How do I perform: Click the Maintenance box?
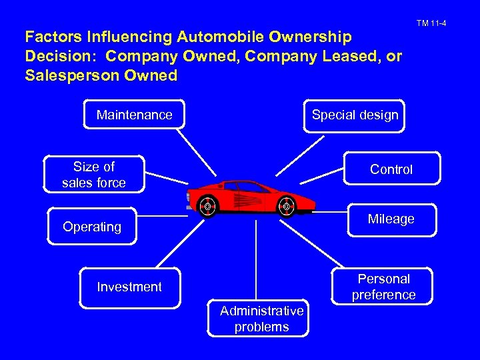coord(134,115)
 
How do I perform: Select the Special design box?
coord(355,115)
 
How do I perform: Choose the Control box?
coord(391,169)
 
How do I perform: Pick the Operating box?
coord(92,227)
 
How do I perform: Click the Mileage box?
coord(392,219)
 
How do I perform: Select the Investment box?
coord(129,287)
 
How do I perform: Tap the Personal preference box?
coord(383,287)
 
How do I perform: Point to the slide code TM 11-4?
coord(431,24)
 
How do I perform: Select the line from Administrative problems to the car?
coord(256,260)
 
